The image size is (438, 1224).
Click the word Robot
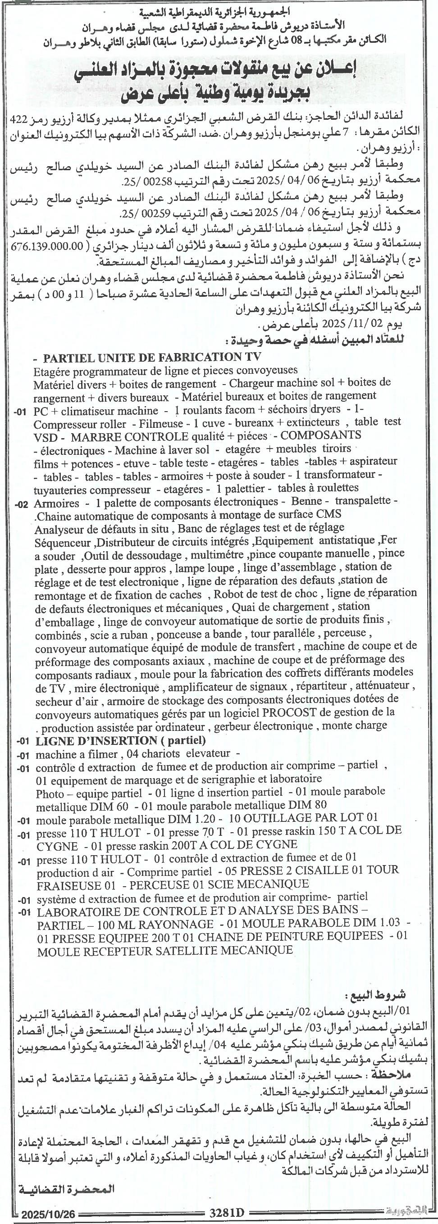pyautogui.click(x=227, y=594)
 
